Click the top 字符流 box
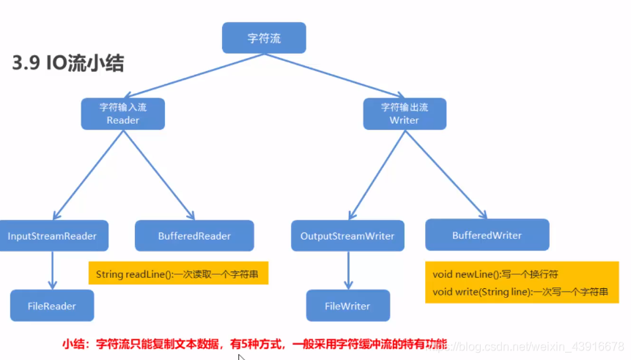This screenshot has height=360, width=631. click(x=264, y=38)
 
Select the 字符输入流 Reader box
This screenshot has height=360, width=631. click(x=122, y=114)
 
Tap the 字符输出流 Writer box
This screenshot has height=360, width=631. click(x=405, y=114)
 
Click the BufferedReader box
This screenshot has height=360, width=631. click(x=194, y=236)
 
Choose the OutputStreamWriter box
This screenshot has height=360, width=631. click(x=347, y=236)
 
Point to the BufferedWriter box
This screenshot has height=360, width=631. click(x=487, y=235)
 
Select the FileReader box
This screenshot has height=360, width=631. click(x=52, y=305)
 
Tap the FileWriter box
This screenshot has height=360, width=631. click(x=348, y=306)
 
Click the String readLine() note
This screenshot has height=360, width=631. click(x=178, y=274)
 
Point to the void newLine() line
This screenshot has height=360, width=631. click(x=495, y=274)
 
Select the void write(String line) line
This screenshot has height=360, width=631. click(x=520, y=291)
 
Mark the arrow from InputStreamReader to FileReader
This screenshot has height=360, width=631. click(x=52, y=271)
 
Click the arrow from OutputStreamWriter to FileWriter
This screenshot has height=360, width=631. click(x=348, y=271)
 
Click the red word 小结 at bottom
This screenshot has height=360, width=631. click(x=73, y=343)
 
